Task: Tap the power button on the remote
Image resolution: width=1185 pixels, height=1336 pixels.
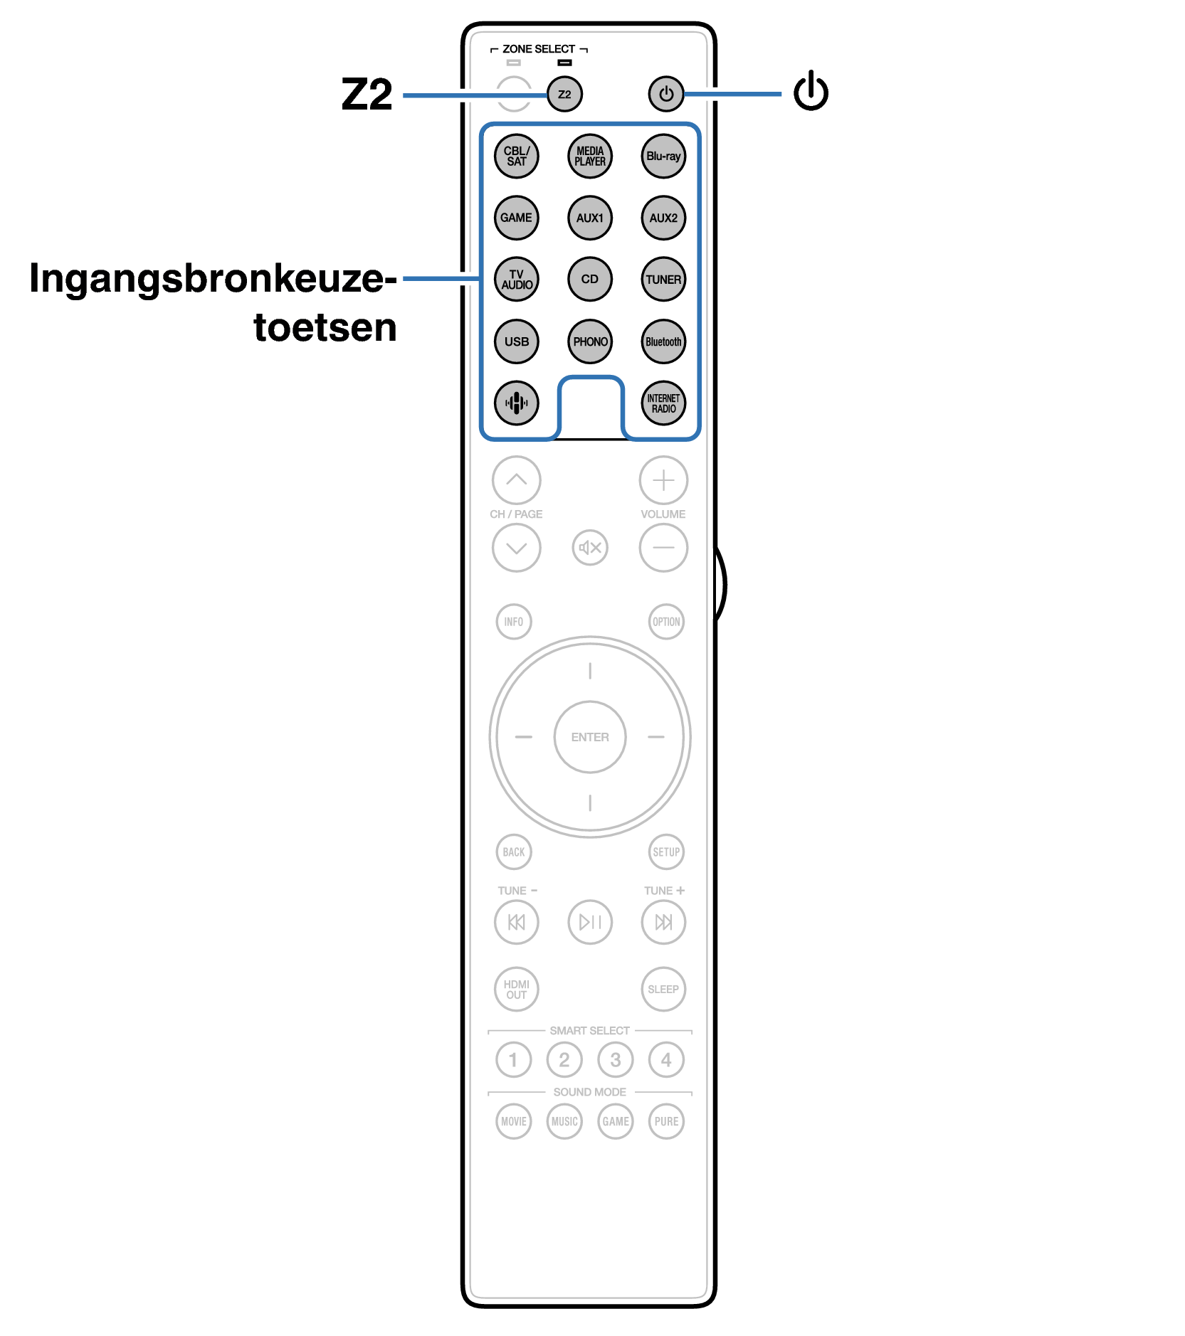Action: point(665,94)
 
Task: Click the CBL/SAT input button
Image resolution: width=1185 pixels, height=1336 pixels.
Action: point(517,157)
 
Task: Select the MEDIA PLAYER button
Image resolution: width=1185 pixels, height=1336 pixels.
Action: point(590,157)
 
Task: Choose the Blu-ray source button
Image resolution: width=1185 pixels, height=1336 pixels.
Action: point(663,157)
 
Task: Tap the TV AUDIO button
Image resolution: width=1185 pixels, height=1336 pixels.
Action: point(517,280)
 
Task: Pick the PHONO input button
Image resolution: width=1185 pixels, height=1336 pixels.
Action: point(590,341)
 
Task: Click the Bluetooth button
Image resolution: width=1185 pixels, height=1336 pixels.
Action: point(663,341)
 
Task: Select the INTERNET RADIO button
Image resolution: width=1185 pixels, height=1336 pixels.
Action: point(663,403)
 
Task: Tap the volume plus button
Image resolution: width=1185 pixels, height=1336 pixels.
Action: point(663,480)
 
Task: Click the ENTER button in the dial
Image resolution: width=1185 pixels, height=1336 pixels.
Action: point(590,737)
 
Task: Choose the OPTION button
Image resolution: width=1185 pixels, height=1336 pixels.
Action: point(666,622)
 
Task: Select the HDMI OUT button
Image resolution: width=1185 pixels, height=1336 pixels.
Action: point(517,990)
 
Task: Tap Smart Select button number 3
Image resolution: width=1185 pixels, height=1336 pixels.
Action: point(616,1060)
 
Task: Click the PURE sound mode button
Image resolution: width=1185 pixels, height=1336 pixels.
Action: point(666,1122)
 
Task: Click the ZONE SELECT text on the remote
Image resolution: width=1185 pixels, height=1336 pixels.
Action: point(539,49)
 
